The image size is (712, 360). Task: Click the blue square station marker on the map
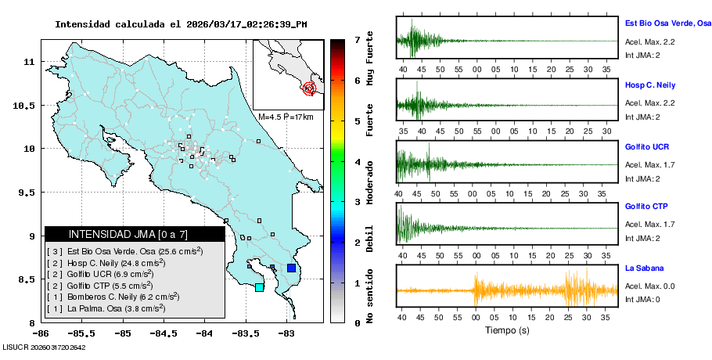point(291,268)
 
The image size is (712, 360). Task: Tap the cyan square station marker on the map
point(259,287)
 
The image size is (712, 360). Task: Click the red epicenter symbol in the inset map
point(309,88)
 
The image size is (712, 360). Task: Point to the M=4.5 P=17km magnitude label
point(286,117)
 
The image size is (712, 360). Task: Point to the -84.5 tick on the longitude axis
point(164,333)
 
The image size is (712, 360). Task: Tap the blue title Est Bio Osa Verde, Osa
point(667,25)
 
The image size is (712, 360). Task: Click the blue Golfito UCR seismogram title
point(647,146)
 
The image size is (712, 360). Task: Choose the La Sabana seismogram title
point(643,268)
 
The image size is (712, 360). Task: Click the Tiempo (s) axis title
point(507,330)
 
